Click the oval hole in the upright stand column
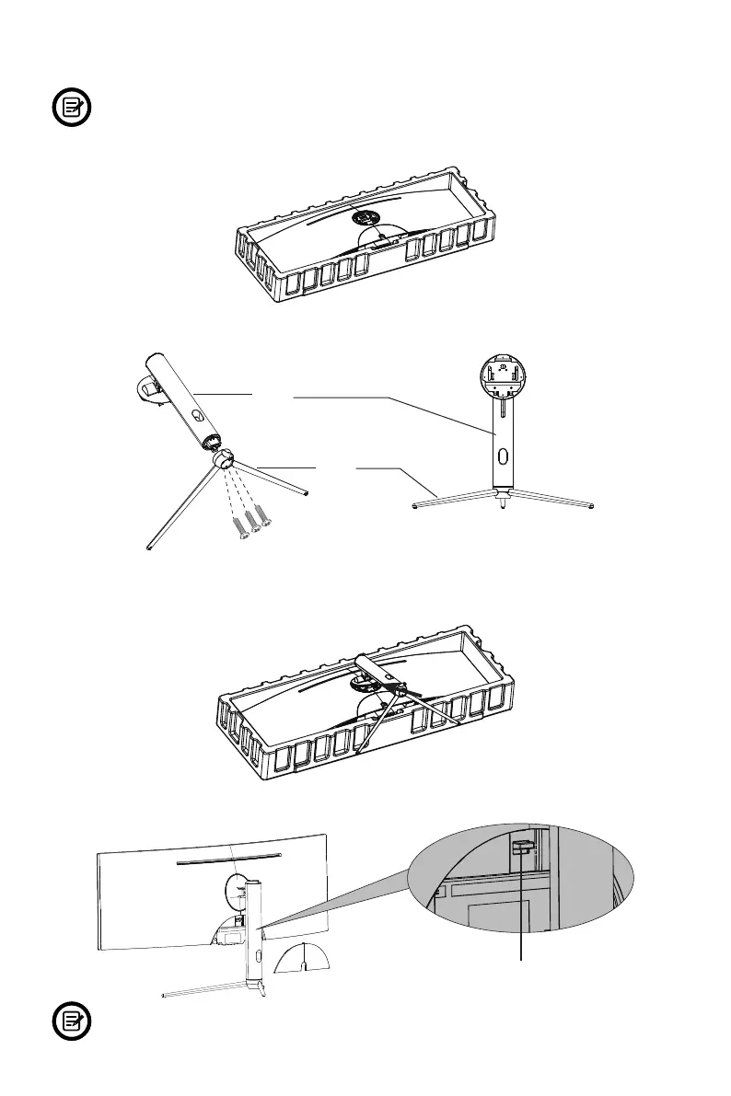coord(502,456)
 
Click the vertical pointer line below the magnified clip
coord(524,911)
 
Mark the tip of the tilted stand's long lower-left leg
coord(149,549)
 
